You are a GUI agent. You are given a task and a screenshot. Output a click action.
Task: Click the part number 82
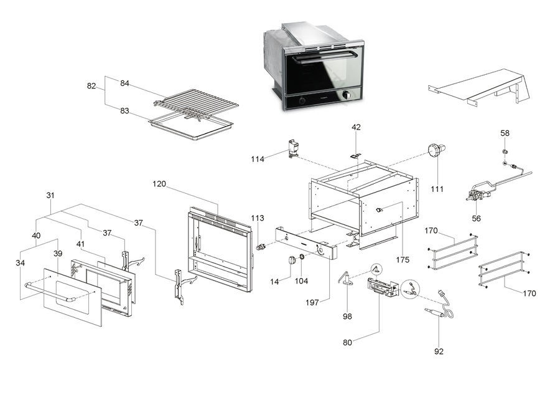[91, 86]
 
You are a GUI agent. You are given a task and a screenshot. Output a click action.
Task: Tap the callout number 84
[124, 84]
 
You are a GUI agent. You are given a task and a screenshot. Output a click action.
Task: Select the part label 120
[160, 184]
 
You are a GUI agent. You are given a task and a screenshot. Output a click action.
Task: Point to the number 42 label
[356, 127]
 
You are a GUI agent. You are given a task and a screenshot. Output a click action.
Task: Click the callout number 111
[437, 189]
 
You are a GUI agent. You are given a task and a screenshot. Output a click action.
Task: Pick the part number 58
[505, 133]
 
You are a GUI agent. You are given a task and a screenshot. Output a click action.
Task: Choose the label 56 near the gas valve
[477, 219]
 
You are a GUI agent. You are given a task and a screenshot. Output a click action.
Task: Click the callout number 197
[312, 302]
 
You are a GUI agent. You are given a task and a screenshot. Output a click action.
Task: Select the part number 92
[439, 352]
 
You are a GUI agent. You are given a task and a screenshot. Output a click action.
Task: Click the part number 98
[347, 316]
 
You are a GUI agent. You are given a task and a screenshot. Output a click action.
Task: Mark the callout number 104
[301, 281]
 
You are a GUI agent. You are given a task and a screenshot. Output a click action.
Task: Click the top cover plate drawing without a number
[482, 87]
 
